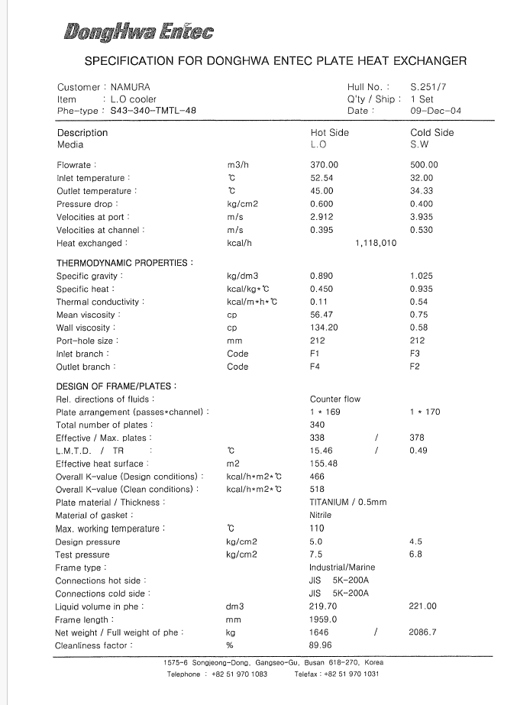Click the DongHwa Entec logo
[x=138, y=31]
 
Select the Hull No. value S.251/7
[x=428, y=87]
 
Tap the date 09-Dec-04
[x=435, y=111]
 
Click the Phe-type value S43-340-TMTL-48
[x=153, y=111]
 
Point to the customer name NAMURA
[x=131, y=87]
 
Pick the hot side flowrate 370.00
[x=324, y=165]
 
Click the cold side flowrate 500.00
[x=424, y=165]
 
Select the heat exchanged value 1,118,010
[x=376, y=244]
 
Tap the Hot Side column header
[x=329, y=132]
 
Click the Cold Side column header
[x=431, y=132]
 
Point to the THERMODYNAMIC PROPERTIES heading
[x=124, y=263]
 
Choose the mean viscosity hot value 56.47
[x=322, y=315]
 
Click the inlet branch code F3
[x=415, y=354]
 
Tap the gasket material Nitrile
[x=321, y=516]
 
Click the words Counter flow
[x=335, y=399]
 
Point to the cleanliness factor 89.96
[x=322, y=645]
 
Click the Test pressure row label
[x=82, y=555]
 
